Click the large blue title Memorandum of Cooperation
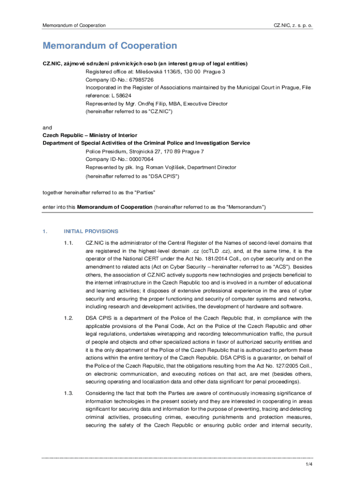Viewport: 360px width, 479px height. [x=110, y=46]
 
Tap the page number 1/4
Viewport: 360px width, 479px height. [x=309, y=464]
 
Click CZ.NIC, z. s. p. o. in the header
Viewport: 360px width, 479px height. [x=293, y=25]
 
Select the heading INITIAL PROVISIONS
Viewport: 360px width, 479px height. [x=91, y=232]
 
